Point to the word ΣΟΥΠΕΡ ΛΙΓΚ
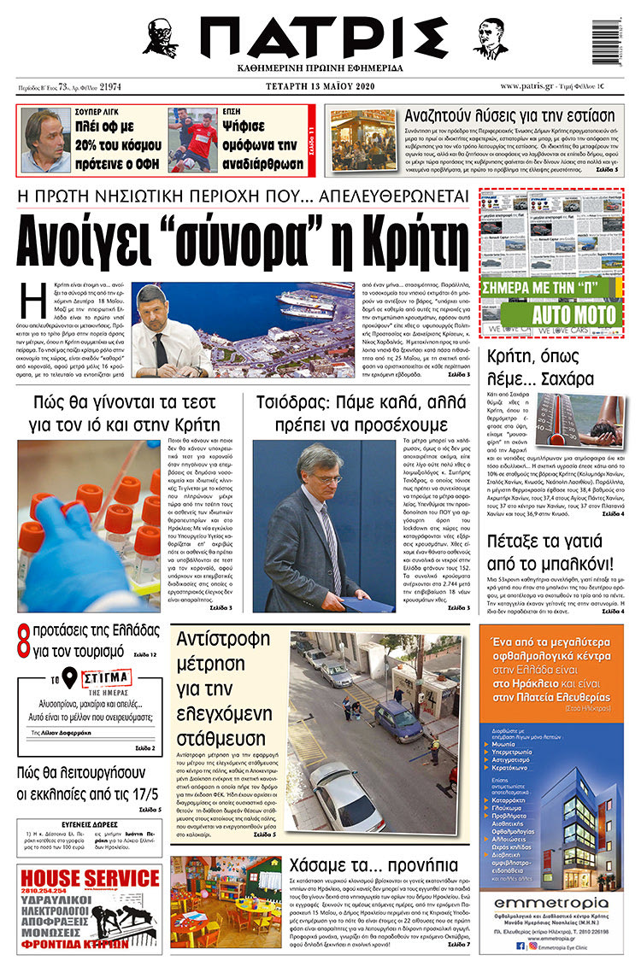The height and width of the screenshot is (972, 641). (93, 110)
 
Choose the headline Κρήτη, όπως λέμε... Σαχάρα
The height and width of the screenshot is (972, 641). (554, 368)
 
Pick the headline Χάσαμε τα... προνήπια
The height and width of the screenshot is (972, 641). (369, 863)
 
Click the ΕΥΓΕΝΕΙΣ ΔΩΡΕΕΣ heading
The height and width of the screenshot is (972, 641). (88, 826)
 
